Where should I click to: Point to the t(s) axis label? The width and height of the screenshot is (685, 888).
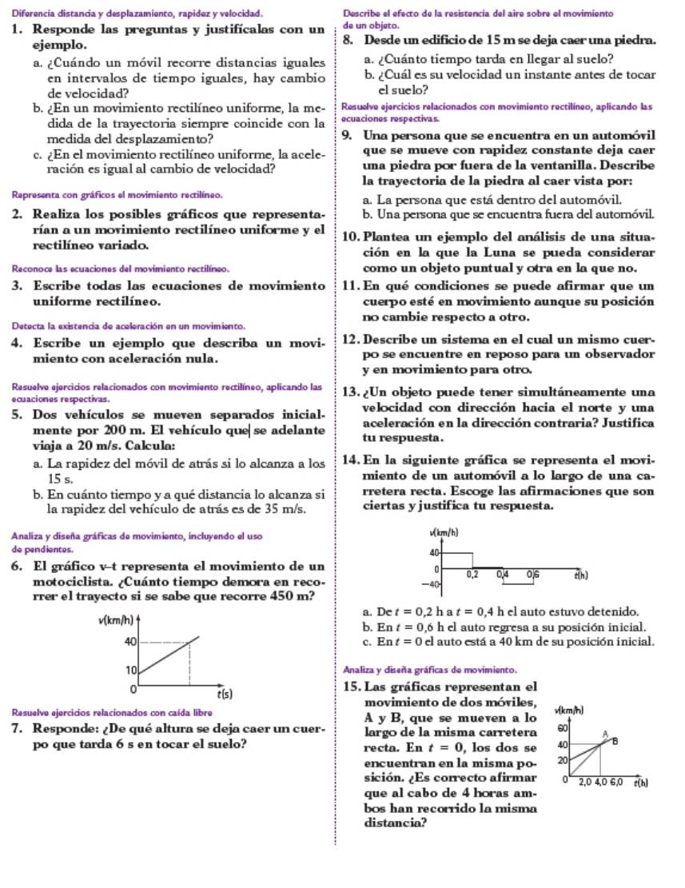coord(227,695)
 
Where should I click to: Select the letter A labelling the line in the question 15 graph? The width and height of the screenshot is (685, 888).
coord(604,732)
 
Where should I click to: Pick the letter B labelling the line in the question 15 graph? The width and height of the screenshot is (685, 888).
coord(615,741)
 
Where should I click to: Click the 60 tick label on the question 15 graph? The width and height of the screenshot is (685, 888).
coord(562,728)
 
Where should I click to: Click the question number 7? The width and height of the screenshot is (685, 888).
coord(16,730)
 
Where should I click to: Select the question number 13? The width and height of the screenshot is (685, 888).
coord(348,393)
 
